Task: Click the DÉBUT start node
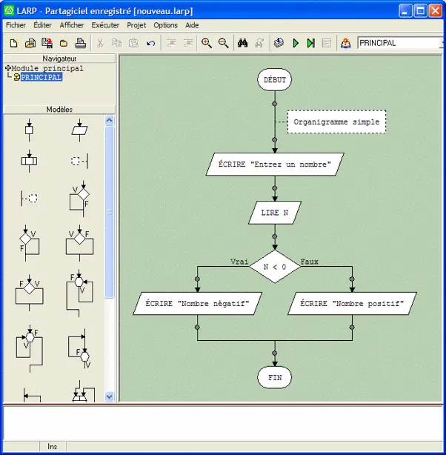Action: click(274, 80)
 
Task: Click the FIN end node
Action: click(274, 377)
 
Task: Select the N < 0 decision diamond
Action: click(274, 266)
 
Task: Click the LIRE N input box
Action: click(274, 212)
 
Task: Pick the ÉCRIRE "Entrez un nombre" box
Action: click(274, 164)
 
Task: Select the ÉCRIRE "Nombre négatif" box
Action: click(198, 303)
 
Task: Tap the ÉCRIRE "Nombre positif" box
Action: click(352, 303)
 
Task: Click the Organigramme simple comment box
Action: click(336, 122)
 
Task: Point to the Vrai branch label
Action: click(239, 262)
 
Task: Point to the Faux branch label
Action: click(309, 262)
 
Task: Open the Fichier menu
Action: click(16, 25)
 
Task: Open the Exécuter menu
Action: click(105, 25)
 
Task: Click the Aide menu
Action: click(192, 25)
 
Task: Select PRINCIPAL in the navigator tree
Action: click(41, 77)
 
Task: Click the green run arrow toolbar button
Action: click(296, 43)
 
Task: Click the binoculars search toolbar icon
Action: click(242, 43)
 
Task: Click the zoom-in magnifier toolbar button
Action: click(207, 43)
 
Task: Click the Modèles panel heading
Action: click(59, 109)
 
